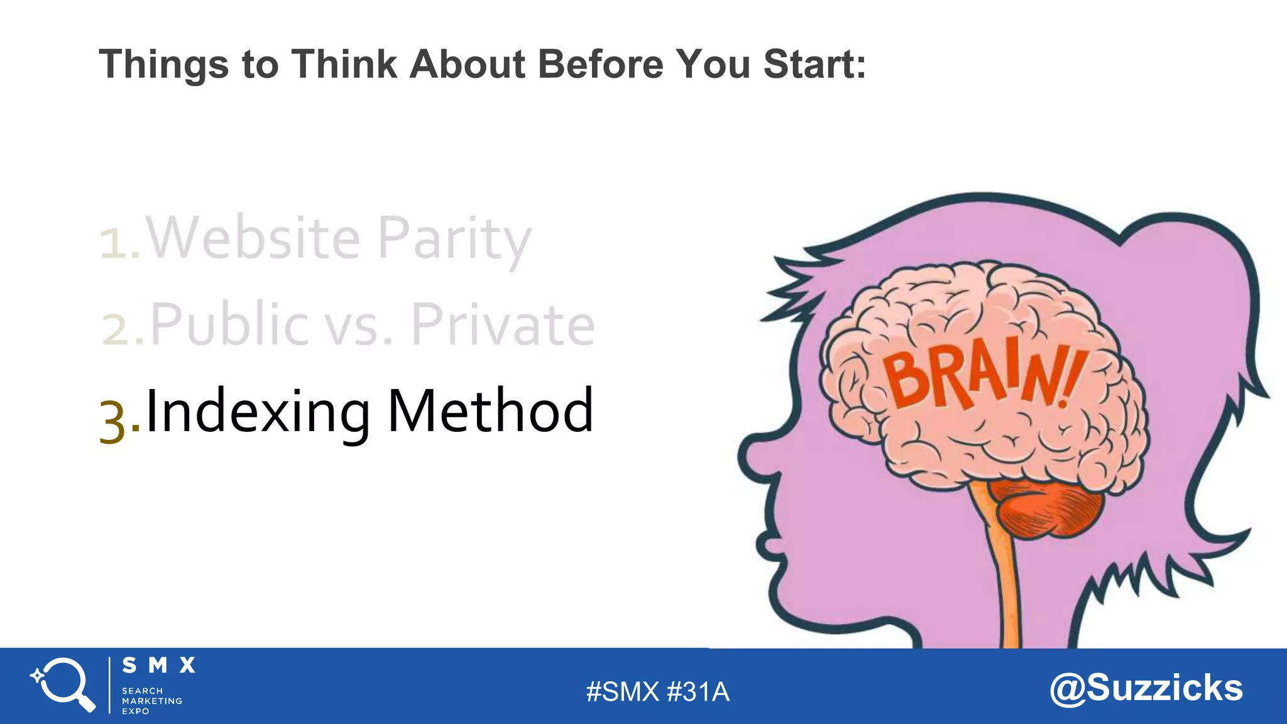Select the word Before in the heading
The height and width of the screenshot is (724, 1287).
(x=600, y=64)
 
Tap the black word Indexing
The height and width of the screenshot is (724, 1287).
(x=258, y=412)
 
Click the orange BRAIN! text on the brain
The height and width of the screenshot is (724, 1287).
(x=983, y=377)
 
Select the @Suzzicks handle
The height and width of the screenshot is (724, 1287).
(x=1146, y=688)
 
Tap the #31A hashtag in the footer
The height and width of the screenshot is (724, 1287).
(x=698, y=692)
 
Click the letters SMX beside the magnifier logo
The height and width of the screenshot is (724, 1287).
(x=158, y=666)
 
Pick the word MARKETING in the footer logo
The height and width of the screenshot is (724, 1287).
(x=152, y=701)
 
